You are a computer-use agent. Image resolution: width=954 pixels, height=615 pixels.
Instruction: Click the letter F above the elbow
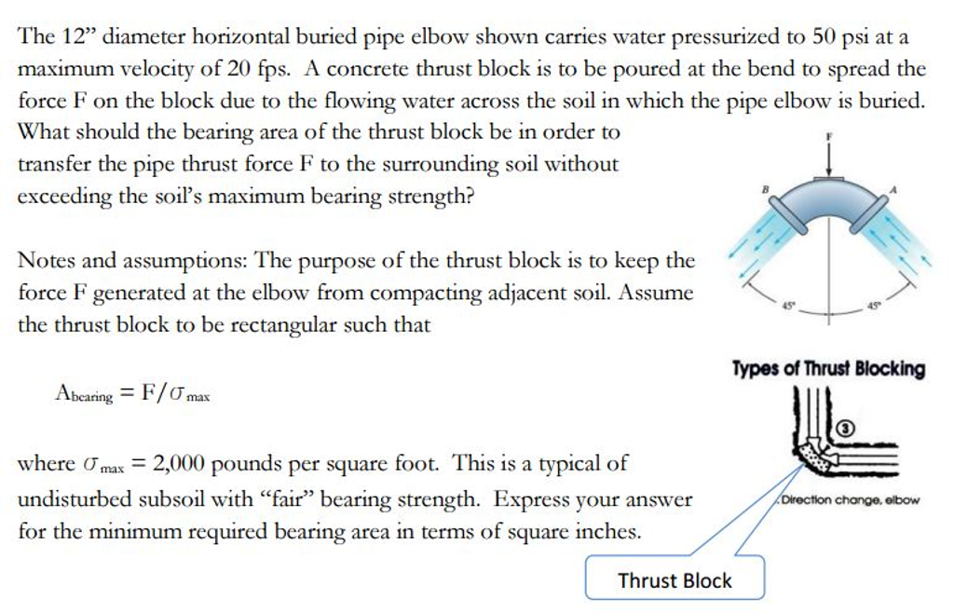coord(828,136)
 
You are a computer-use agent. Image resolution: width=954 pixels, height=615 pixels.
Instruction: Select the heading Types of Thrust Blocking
coord(828,369)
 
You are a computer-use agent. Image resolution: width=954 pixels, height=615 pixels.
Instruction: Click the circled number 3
coord(845,429)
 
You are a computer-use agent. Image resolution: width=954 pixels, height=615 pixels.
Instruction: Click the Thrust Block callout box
coord(675,580)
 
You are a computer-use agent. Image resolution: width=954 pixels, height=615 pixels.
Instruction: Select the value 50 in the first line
coord(824,38)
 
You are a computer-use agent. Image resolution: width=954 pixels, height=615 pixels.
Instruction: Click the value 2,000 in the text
coord(177,463)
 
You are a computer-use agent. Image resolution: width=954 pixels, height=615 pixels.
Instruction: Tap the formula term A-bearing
coord(84,395)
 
